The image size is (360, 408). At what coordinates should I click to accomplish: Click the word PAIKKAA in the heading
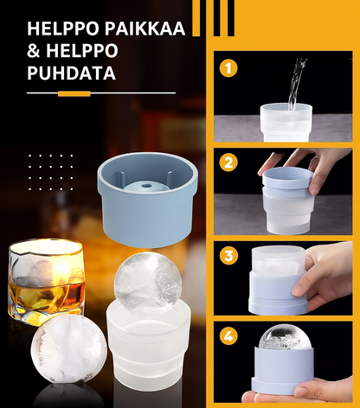[145, 29]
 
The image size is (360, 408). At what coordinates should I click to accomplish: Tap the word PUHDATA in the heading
[72, 73]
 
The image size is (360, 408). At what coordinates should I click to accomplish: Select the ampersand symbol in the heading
[34, 51]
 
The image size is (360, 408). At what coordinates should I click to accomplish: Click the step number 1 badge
[228, 68]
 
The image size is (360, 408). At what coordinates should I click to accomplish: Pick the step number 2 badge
[228, 163]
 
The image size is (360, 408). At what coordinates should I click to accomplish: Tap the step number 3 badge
[228, 256]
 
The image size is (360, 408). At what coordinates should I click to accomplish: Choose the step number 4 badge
[228, 336]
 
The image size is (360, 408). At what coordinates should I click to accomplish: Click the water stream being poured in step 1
[296, 84]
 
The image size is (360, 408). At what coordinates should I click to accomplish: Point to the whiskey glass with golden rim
[46, 282]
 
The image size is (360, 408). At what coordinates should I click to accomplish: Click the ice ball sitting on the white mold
[148, 283]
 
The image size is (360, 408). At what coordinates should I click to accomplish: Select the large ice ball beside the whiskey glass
[68, 349]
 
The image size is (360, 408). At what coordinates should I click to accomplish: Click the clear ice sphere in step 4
[285, 337]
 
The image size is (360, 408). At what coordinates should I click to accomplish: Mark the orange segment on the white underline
[74, 93]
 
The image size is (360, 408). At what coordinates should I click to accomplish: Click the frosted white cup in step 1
[286, 122]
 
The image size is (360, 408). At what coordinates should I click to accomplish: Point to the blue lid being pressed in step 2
[287, 178]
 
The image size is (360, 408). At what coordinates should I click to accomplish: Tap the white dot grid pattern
[51, 172]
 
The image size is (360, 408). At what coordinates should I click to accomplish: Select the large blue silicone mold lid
[148, 200]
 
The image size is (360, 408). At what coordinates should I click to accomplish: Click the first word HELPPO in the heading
[63, 29]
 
